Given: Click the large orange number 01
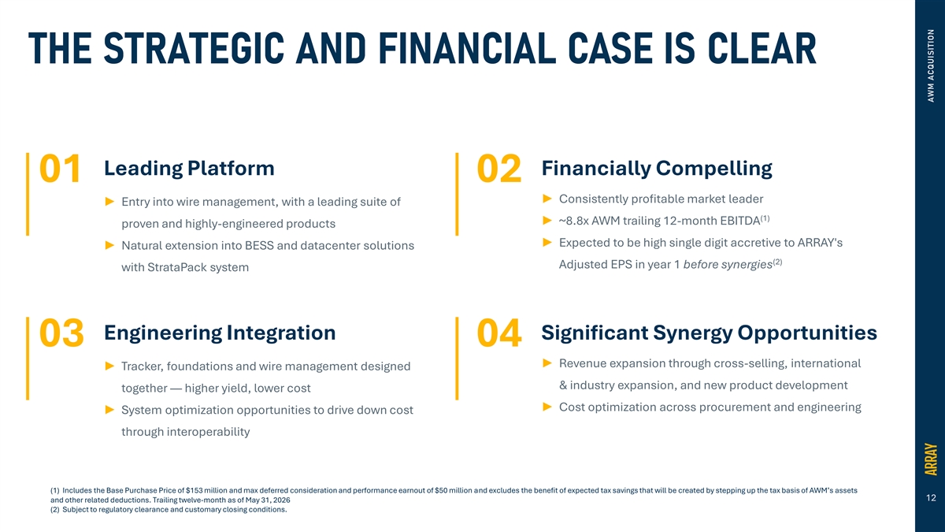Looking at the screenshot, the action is pyautogui.click(x=60, y=169).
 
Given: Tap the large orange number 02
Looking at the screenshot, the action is pyautogui.click(x=499, y=169).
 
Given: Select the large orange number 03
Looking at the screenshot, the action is pyautogui.click(x=61, y=333).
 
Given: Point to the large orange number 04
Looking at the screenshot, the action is pyautogui.click(x=499, y=333).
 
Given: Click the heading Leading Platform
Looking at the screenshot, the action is pyautogui.click(x=189, y=168).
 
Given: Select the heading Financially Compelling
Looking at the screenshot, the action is pyautogui.click(x=657, y=169).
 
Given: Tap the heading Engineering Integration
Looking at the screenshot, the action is pyautogui.click(x=220, y=333).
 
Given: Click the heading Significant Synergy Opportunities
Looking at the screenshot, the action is pyautogui.click(x=710, y=333).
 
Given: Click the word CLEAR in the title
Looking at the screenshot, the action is pyautogui.click(x=762, y=48).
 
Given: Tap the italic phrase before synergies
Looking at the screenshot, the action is pyautogui.click(x=728, y=265).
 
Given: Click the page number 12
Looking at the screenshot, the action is pyautogui.click(x=931, y=498).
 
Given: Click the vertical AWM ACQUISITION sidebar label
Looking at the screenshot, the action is pyautogui.click(x=931, y=65).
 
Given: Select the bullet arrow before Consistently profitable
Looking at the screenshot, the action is pyautogui.click(x=547, y=199).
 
